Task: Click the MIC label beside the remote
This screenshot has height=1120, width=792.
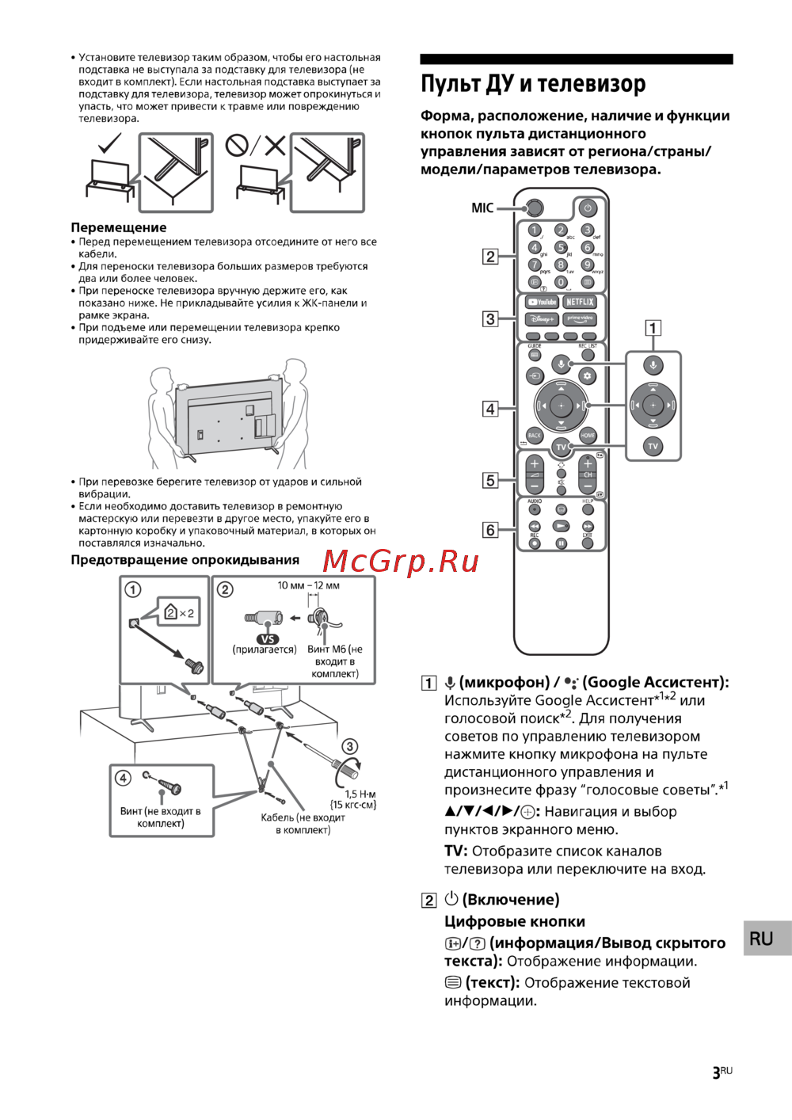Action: (482, 208)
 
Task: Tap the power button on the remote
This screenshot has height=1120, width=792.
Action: (587, 208)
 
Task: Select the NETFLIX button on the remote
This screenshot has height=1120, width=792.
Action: (580, 302)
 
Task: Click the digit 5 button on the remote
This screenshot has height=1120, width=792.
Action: (561, 247)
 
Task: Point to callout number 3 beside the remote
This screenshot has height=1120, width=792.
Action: (490, 318)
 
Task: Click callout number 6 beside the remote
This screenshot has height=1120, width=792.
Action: (490, 530)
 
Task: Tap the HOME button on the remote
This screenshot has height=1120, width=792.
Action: (588, 435)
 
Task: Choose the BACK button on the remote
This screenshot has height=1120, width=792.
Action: (535, 435)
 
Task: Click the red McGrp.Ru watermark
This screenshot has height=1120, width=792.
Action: (401, 561)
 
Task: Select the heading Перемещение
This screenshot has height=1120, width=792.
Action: (119, 227)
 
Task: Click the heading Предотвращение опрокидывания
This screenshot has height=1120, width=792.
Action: (185, 560)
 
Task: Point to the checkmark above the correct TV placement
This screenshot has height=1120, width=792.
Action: (109, 144)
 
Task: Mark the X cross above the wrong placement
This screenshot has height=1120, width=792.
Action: (275, 145)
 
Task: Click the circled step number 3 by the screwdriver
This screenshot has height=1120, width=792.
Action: (349, 746)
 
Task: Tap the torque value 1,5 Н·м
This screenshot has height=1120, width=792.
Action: (360, 794)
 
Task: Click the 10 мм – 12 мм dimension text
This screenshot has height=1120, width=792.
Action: (308, 585)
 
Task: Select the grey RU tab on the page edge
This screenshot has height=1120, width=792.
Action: (762, 939)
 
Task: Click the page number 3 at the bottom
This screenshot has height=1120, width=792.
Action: (717, 1072)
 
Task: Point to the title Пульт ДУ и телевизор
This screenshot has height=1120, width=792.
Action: (533, 84)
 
